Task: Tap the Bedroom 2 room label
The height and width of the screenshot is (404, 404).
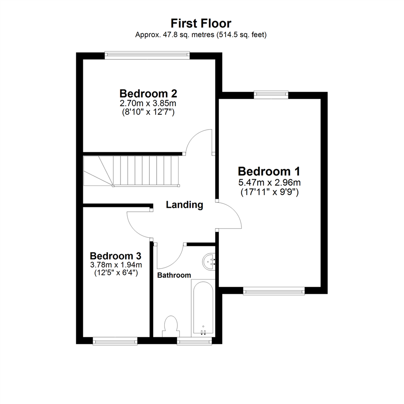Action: (x=148, y=93)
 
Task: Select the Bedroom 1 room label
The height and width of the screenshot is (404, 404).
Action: (x=269, y=172)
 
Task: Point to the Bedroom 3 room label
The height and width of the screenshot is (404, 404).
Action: (x=116, y=256)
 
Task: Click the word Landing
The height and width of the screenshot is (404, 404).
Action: (x=184, y=205)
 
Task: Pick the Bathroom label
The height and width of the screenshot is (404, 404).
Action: (x=174, y=275)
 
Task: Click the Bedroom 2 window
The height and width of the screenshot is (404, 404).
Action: (x=147, y=55)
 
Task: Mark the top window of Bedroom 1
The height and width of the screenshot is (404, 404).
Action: (x=271, y=95)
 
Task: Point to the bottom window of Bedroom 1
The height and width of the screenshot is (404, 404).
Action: (x=274, y=291)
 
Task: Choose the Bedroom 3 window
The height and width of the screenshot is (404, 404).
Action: (x=115, y=340)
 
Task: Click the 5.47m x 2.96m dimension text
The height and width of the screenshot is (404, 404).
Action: (x=269, y=183)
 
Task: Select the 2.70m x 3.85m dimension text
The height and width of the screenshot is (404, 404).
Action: (x=148, y=102)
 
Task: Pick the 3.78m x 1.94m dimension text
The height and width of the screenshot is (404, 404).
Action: (x=116, y=265)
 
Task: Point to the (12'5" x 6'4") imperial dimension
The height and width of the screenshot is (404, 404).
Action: (x=116, y=273)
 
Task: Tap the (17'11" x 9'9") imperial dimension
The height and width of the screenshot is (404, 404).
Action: (x=269, y=193)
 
